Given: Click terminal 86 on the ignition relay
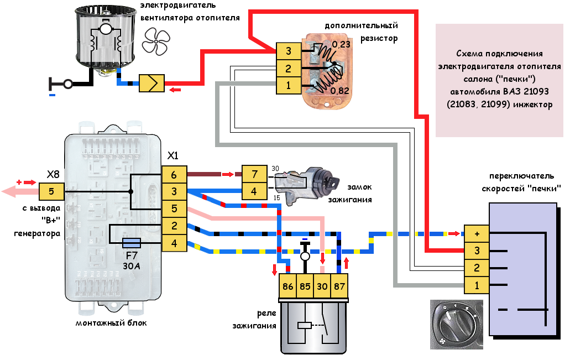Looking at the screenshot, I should [x=287, y=287].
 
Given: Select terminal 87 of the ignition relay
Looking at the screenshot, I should [x=339, y=287].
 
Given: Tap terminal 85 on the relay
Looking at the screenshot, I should [x=305, y=287].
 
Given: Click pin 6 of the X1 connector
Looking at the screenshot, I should [x=174, y=175].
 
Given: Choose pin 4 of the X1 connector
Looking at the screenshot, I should [x=174, y=242].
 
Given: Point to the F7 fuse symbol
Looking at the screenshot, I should [x=132, y=242].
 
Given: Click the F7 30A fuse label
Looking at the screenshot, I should [x=132, y=260].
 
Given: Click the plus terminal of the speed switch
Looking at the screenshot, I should [x=477, y=234].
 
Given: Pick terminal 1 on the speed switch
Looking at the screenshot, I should [x=477, y=285].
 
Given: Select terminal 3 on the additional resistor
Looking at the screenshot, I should [x=289, y=51].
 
